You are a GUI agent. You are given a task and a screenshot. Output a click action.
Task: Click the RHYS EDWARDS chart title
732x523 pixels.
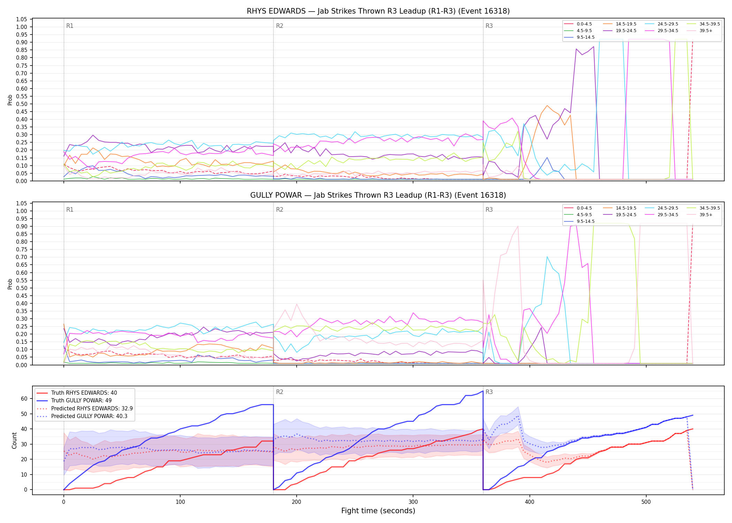[378, 11]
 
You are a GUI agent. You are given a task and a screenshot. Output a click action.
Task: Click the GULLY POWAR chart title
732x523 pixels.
[378, 195]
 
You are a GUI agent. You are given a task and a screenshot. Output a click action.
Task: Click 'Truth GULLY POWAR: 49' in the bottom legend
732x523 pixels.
[84, 401]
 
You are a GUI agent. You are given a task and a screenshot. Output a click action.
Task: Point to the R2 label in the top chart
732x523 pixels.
[280, 26]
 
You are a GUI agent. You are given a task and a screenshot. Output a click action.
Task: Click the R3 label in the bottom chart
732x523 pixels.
[489, 392]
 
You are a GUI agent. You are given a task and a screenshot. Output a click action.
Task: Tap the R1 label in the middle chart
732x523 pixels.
[70, 210]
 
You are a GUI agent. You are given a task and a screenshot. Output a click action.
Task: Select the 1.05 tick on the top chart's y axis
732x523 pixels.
[22, 19]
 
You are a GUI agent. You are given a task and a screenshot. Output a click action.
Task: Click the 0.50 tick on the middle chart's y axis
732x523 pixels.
[22, 288]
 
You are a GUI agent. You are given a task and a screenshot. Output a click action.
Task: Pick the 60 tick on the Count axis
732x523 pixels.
[24, 399]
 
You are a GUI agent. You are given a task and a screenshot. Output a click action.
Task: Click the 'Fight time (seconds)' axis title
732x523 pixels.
[378, 511]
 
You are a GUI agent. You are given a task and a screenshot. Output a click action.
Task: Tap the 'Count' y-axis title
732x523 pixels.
[14, 440]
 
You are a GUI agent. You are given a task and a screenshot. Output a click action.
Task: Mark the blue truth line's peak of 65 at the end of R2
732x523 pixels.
[483, 391]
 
